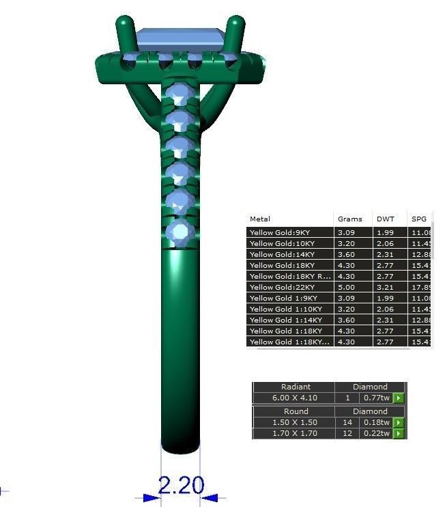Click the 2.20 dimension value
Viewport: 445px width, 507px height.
181,485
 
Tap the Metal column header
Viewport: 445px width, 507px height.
260,219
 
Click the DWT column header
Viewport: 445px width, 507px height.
385,219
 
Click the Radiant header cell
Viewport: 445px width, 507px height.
295,387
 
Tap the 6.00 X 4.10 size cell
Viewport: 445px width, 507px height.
295,398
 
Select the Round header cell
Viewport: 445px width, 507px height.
295,411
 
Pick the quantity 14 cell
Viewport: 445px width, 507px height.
347,422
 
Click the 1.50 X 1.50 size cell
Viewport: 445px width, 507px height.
295,422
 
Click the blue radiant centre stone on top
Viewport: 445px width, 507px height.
181,39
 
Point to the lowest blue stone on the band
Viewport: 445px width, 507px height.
181,230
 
